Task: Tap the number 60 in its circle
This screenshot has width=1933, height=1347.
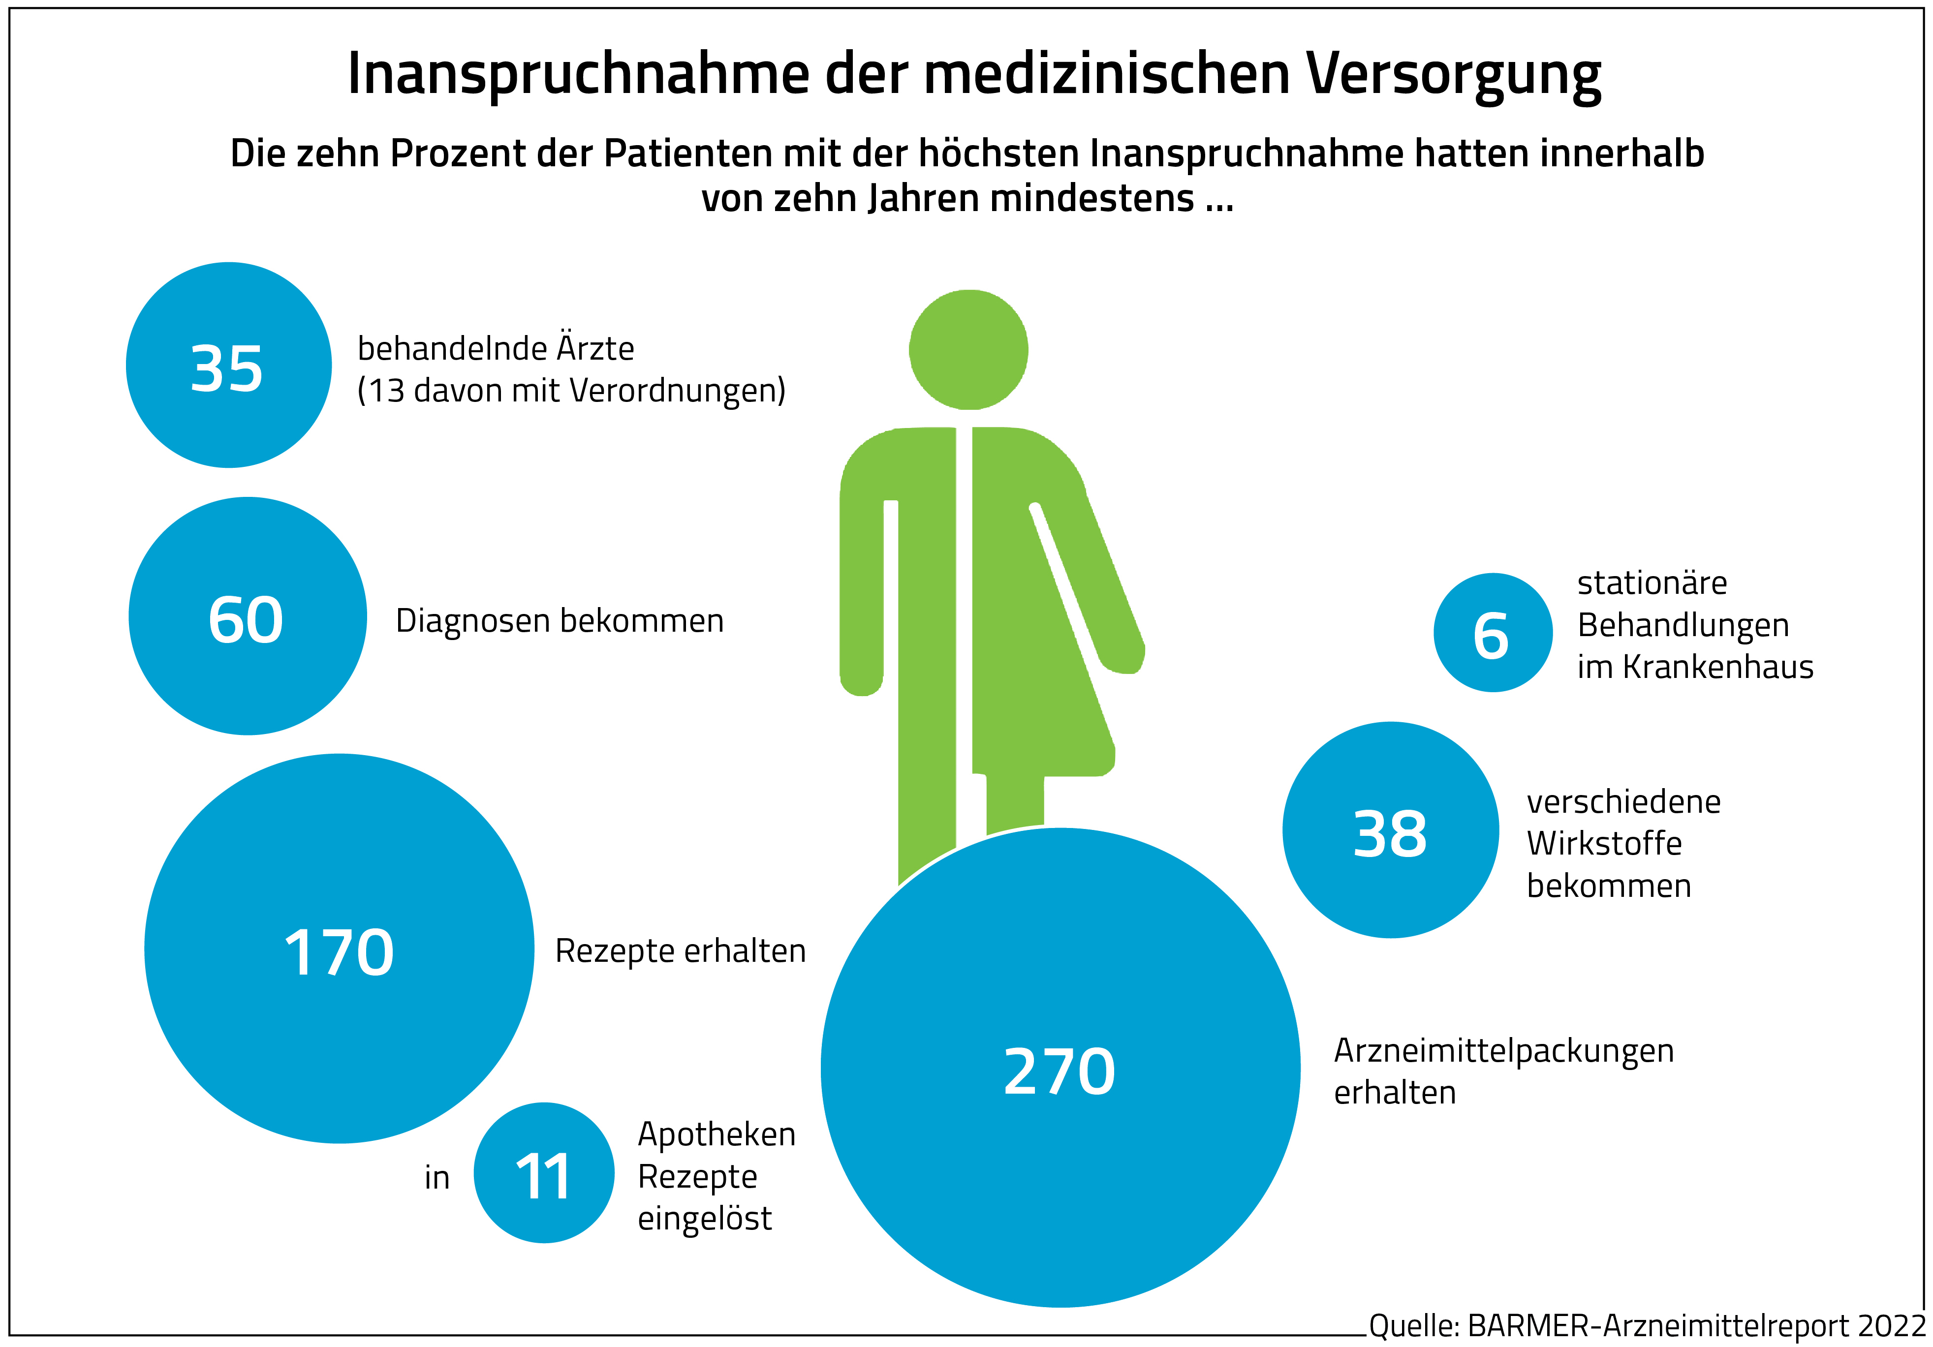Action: pyautogui.click(x=246, y=620)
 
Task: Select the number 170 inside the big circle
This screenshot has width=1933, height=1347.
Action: pyautogui.click(x=339, y=953)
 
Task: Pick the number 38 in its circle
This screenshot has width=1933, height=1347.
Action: pyautogui.click(x=1390, y=834)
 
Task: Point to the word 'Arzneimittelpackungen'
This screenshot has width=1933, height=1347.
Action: pyautogui.click(x=1503, y=1051)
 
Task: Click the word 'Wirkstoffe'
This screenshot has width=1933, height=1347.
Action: pyautogui.click(x=1604, y=844)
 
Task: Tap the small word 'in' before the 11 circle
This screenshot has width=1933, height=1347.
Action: pyautogui.click(x=437, y=1178)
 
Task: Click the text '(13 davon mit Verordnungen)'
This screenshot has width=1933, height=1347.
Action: pyautogui.click(x=572, y=391)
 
